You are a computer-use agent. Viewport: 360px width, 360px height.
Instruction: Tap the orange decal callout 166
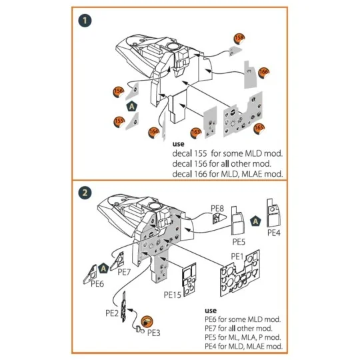tap(264, 71)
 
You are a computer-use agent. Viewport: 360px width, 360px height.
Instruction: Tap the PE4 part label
tap(274, 233)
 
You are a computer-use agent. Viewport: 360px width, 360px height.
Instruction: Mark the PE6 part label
tap(97, 283)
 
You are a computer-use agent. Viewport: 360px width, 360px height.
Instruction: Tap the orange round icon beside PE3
tap(146, 319)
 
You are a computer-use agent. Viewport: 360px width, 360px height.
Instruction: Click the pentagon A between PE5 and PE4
tap(255, 221)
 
